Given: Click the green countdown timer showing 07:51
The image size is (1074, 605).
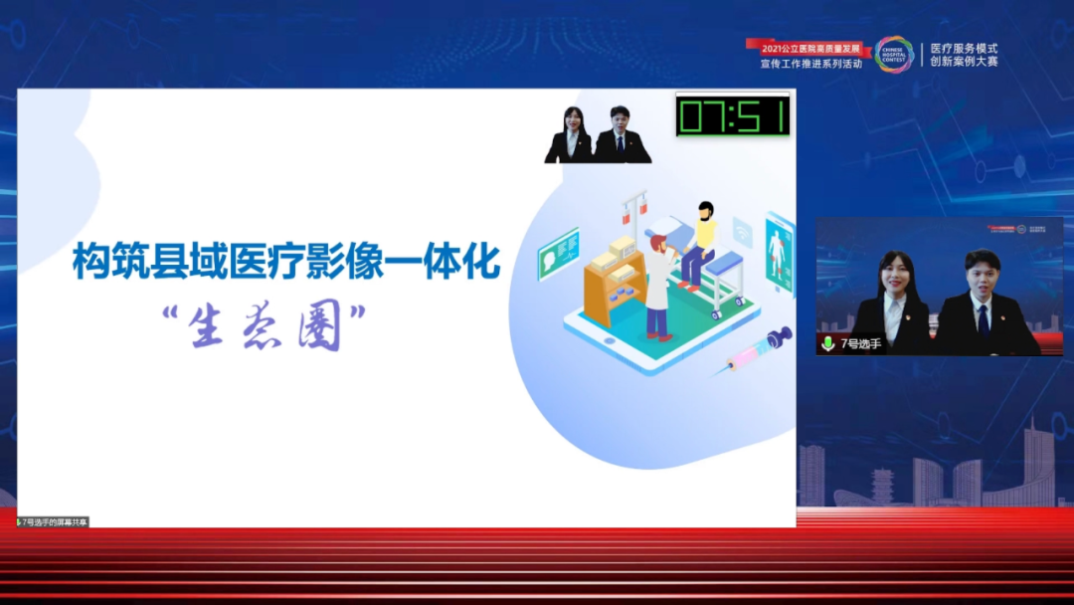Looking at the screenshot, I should coord(733,115).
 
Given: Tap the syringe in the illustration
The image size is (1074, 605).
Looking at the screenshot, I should coord(759,349).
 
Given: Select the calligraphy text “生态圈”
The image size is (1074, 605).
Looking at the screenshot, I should coord(264,324).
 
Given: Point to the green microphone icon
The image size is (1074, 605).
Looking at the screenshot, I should coord(827,343).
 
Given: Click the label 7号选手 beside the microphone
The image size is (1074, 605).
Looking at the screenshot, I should coord(860,344).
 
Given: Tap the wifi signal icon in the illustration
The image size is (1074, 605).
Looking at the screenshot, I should coord(742,232).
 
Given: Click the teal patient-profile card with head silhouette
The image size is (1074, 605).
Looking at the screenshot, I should coord(558,254).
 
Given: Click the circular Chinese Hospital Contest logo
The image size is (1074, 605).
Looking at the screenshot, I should coord(893,55).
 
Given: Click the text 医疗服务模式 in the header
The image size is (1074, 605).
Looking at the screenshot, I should coord(964,48).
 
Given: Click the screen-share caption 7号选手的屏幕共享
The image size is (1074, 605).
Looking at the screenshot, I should coord(54,521).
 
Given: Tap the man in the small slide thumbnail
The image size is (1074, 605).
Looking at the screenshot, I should coord(621,135).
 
